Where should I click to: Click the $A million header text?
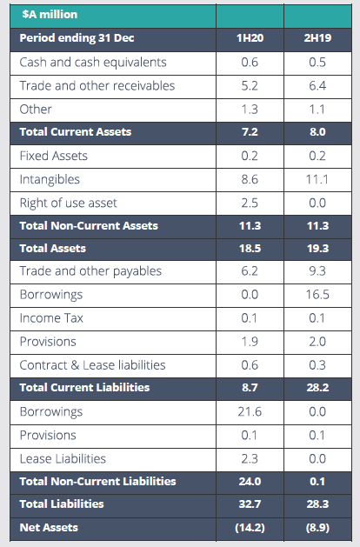[50, 14]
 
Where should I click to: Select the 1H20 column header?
[250, 38]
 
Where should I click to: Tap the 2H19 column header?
[317, 38]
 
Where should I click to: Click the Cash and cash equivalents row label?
[93, 62]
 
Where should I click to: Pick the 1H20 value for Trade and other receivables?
[250, 86]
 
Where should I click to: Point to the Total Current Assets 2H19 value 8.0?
[317, 132]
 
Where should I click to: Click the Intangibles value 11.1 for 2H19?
[317, 179]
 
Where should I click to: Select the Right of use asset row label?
[68, 203]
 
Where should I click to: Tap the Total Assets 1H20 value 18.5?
[250, 249]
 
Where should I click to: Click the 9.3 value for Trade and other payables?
[317, 271]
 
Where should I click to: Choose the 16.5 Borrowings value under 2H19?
[317, 295]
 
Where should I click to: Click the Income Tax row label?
[51, 318]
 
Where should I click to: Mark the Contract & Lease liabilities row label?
[92, 365]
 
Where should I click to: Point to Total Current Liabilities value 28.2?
[317, 388]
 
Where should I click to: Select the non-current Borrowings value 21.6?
[250, 412]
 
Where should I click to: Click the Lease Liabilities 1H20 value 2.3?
[250, 459]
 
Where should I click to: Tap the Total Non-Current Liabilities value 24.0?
[250, 482]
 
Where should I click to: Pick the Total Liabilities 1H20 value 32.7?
[250, 504]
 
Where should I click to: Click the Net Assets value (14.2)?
[250, 528]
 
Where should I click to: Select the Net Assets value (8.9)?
[317, 528]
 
